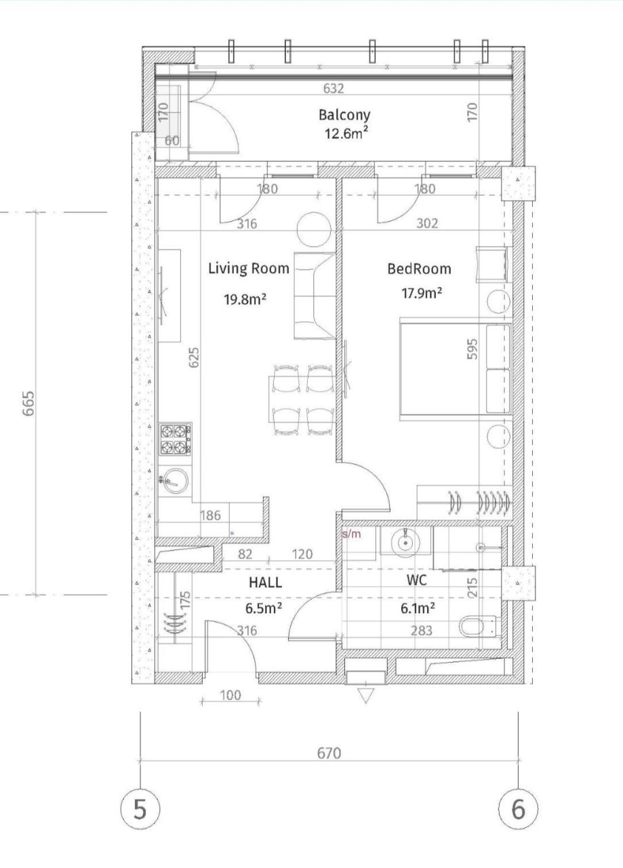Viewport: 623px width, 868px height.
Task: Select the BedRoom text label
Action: point(418,269)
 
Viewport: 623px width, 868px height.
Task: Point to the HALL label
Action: point(265,582)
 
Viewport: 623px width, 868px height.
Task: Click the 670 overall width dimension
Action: point(328,753)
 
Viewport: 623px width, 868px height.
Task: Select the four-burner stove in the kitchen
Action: point(176,439)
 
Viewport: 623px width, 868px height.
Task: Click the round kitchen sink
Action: point(176,481)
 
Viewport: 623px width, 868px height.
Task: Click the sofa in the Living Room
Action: point(313,297)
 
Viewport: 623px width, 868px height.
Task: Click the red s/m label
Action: point(352,534)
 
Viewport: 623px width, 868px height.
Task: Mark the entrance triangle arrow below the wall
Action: point(365,696)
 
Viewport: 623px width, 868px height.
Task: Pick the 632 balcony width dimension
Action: point(334,88)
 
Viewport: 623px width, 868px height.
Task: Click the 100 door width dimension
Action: point(231,695)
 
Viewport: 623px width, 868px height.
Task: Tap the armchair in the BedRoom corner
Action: point(491,265)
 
